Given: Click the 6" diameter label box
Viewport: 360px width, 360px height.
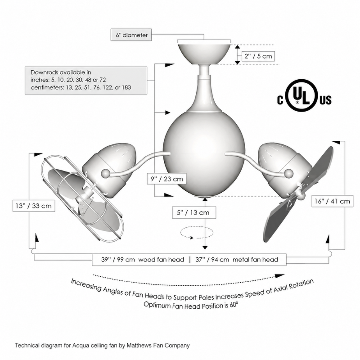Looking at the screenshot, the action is point(131,35).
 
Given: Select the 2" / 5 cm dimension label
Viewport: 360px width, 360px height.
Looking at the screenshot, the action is point(258,56).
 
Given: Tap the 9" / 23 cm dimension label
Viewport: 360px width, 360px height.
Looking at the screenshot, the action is point(166,179).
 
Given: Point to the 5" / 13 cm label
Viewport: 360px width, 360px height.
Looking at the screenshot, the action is point(194,212).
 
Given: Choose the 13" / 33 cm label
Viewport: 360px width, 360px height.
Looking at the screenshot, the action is point(34,206).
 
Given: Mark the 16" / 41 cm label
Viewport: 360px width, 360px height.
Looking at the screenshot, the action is point(332,201).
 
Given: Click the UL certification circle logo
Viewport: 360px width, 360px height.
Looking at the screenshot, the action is point(301,95).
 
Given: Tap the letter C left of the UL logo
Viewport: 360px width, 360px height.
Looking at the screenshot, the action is point(280,100).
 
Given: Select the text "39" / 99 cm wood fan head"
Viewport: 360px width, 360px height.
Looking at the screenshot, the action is point(143,260).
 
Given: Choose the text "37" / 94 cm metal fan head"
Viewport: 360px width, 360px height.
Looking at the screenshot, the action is point(237,260).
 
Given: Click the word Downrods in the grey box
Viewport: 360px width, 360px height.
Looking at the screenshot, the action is point(44,72).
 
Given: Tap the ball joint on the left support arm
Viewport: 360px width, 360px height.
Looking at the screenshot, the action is point(106,173).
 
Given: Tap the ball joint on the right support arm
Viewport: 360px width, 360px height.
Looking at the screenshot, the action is point(289,173).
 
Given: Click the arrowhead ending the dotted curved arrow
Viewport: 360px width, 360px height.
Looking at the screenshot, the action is point(280,276).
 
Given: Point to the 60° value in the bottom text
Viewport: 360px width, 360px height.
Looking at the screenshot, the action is point(234,306).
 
